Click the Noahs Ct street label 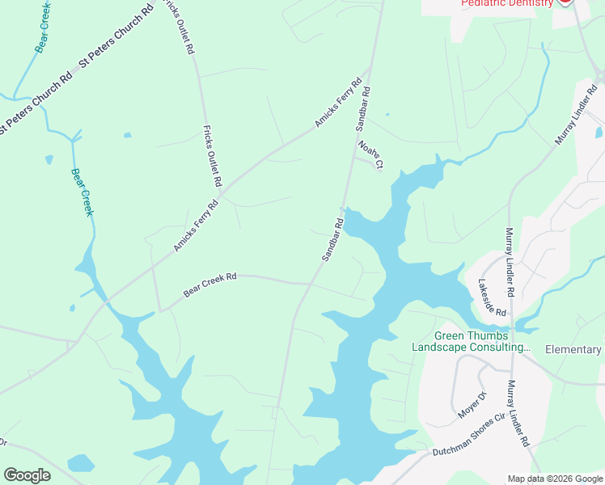[x=370, y=154]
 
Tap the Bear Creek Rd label [x=209, y=285]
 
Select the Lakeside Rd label [x=492, y=297]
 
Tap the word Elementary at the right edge [x=573, y=350]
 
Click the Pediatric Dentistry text [x=506, y=3]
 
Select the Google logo [x=27, y=475]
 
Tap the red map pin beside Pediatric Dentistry [x=565, y=2]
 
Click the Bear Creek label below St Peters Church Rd [x=82, y=192]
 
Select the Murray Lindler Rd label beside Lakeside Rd [x=510, y=261]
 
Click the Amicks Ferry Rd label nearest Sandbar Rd [x=339, y=103]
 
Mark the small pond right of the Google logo [x=81, y=464]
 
